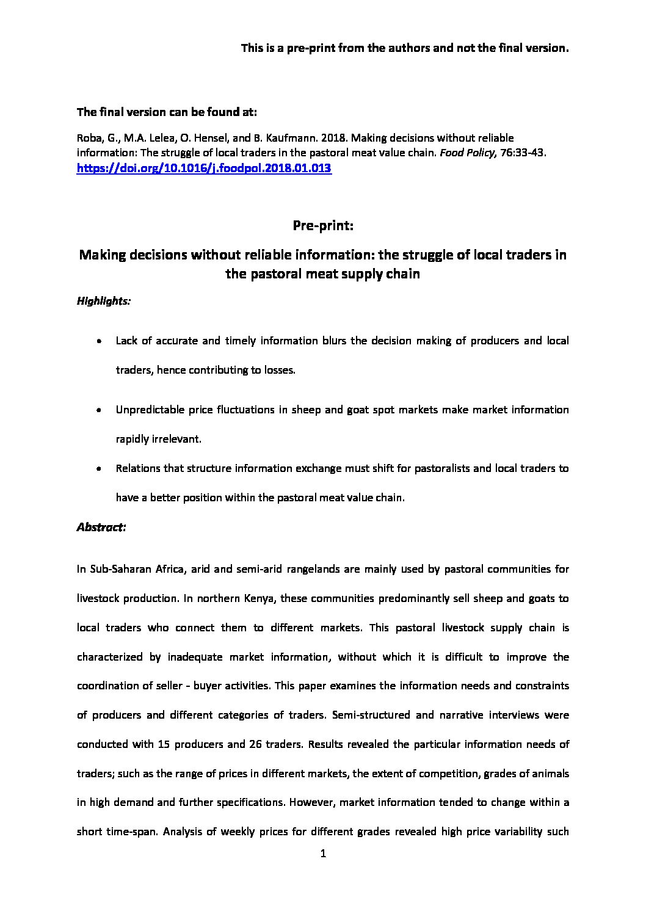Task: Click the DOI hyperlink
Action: (x=204, y=169)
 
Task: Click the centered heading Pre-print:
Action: (x=323, y=226)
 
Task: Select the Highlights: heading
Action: (x=103, y=301)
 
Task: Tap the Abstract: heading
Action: (x=101, y=527)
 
